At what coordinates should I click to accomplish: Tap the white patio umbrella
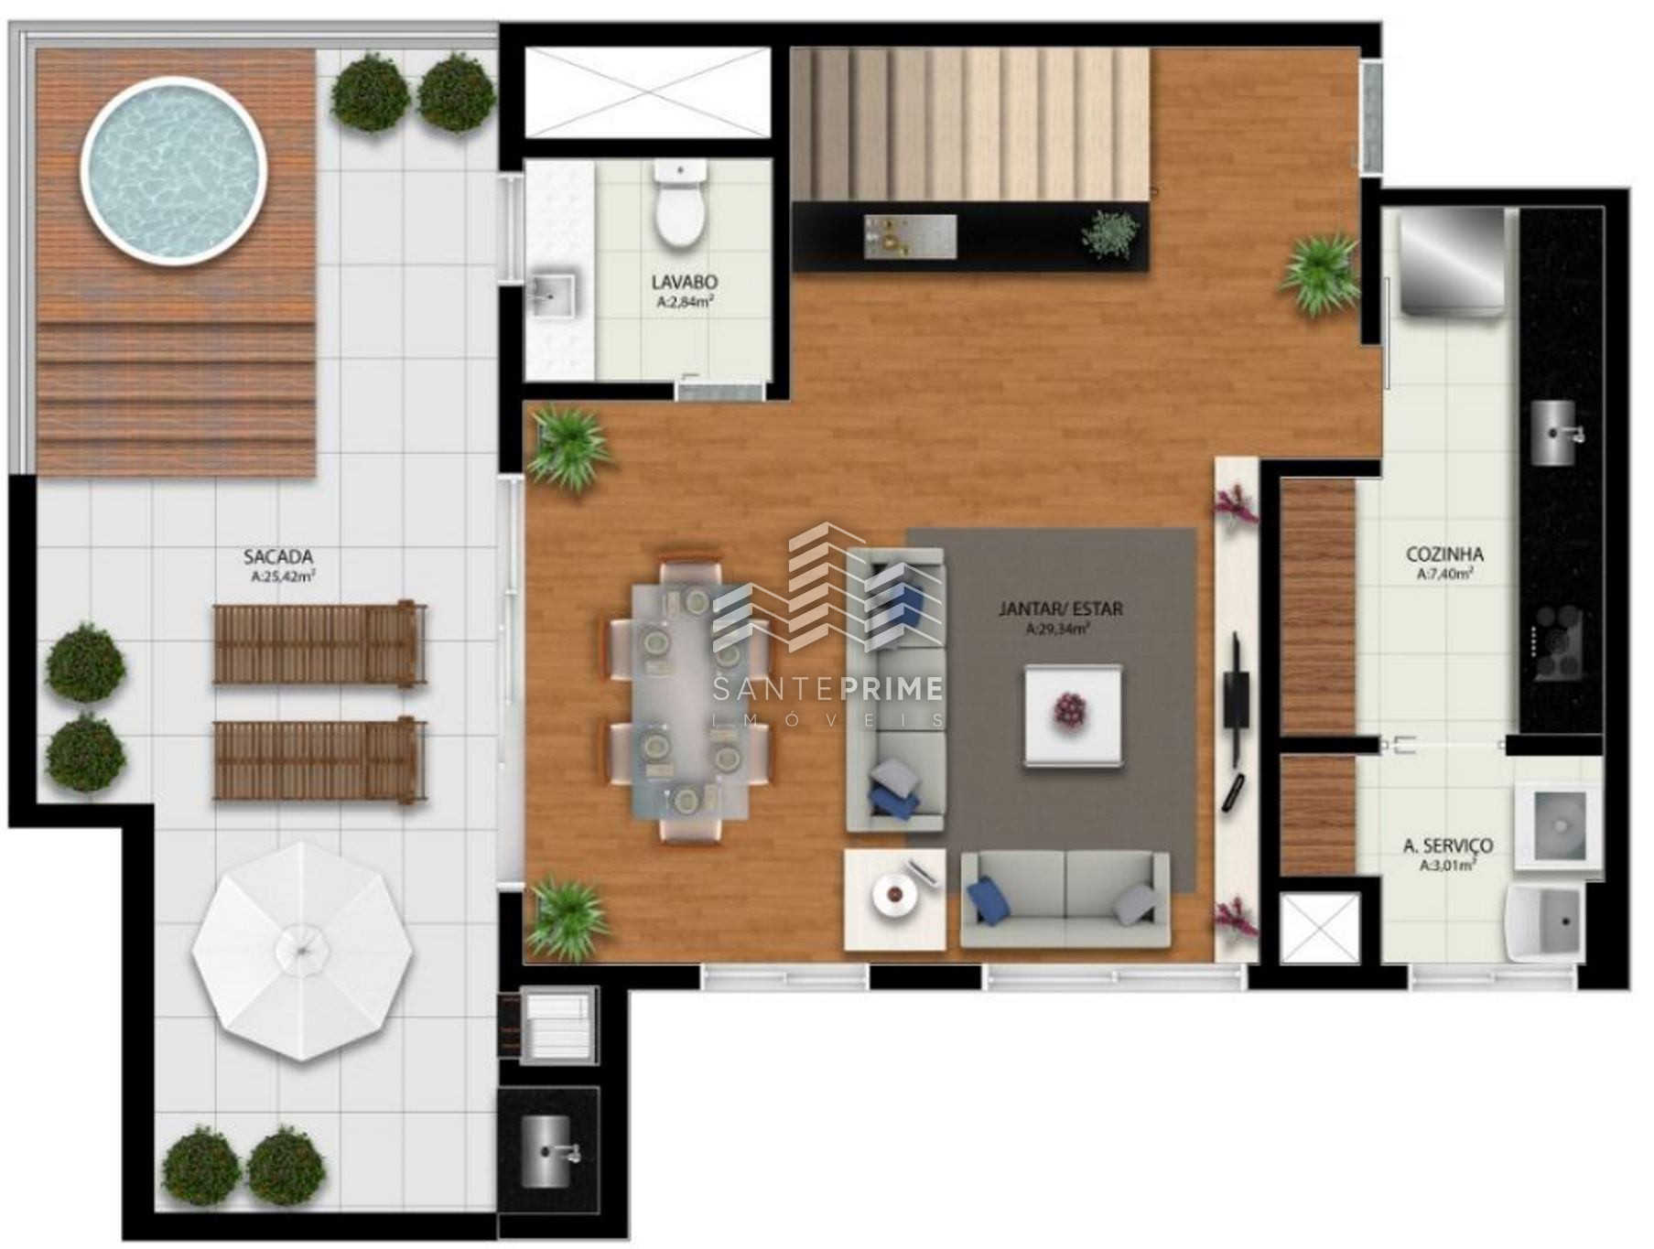coord(302,952)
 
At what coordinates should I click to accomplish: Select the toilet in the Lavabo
coord(680,204)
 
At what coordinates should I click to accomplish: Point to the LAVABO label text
coord(684,282)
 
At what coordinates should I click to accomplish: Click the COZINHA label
coord(1444,555)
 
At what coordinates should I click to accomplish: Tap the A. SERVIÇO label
coord(1448,846)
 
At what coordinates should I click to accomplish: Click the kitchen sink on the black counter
coord(1553,433)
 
